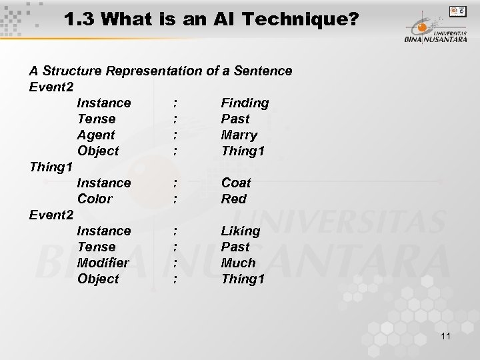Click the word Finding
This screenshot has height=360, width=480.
click(x=245, y=103)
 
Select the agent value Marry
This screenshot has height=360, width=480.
click(x=239, y=135)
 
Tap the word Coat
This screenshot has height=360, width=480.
click(x=236, y=183)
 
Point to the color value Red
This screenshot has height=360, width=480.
click(x=233, y=199)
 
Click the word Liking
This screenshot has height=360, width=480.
click(x=241, y=231)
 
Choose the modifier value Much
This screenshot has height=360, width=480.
click(x=238, y=263)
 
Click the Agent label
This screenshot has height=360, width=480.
click(x=96, y=135)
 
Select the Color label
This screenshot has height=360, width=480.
click(x=95, y=199)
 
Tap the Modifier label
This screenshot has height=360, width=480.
click(x=103, y=263)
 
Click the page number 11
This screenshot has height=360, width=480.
click(x=445, y=337)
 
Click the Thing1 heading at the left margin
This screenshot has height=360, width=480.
click(x=51, y=167)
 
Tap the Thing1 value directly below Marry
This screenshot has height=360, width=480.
click(x=243, y=151)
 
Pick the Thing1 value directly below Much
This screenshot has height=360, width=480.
click(x=243, y=279)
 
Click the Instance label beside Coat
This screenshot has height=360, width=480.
click(x=104, y=183)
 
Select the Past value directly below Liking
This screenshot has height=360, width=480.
click(x=235, y=247)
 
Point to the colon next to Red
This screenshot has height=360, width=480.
click(x=175, y=199)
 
